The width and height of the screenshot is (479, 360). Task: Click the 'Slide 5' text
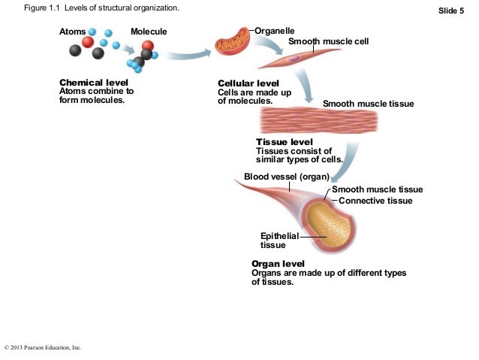(x=451, y=10)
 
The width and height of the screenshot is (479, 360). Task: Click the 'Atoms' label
(x=73, y=32)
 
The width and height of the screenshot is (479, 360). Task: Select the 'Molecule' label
(x=149, y=32)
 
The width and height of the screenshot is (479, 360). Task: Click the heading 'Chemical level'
(x=93, y=83)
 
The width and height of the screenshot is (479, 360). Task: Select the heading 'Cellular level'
(x=248, y=83)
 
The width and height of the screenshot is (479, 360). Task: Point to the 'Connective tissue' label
(x=375, y=201)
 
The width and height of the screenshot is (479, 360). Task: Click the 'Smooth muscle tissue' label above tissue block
(x=367, y=104)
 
